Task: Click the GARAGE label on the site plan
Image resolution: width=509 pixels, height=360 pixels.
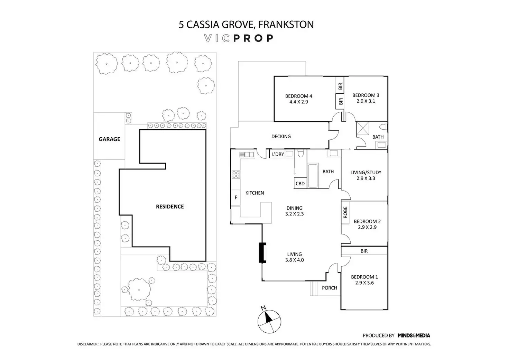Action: [109, 139]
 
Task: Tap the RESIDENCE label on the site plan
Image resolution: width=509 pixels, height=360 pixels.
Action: [170, 206]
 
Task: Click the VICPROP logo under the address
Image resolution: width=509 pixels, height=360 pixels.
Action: [239, 38]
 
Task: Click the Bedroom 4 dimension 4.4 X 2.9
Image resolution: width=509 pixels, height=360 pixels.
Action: [298, 102]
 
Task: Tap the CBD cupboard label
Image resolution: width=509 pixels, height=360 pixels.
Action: [300, 184]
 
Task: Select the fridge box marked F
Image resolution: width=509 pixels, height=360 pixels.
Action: [236, 198]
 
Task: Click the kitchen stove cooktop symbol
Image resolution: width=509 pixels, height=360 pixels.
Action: [236, 174]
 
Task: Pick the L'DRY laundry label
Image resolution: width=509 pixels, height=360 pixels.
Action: [278, 154]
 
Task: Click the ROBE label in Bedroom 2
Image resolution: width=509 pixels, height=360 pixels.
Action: [345, 212]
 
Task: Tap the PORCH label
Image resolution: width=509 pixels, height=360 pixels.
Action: [329, 288]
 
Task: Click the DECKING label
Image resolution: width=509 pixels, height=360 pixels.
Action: [281, 136]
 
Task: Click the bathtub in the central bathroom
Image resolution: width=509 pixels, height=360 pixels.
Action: [313, 175]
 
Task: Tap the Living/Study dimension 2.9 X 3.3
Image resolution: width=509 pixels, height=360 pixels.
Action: [366, 178]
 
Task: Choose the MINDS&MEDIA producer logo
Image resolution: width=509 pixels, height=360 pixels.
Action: [414, 335]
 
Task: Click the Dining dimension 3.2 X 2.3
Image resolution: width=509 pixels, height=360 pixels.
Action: [295, 214]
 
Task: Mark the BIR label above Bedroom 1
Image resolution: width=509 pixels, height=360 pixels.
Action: [364, 251]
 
